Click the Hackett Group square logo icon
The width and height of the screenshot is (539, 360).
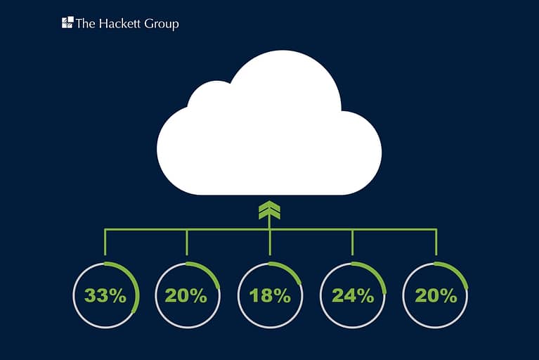tap(67, 22)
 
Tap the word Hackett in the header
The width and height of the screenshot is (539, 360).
tap(119, 23)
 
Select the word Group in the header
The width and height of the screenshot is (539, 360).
tap(162, 24)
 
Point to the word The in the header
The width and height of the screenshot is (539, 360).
tap(86, 23)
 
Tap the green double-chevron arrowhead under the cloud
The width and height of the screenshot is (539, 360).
tap(270, 210)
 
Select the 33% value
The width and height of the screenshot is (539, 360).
tap(105, 296)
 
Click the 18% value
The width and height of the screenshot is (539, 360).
tap(270, 296)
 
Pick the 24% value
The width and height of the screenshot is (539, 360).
tap(353, 296)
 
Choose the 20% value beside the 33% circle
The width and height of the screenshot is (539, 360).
tap(186, 296)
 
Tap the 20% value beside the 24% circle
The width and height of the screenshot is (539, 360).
tap(436, 296)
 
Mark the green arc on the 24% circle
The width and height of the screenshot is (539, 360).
tap(377, 274)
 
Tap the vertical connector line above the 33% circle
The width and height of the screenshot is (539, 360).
tap(105, 242)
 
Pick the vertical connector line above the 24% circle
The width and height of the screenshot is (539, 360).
tap(352, 243)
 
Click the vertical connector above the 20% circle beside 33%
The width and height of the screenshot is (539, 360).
tap(187, 243)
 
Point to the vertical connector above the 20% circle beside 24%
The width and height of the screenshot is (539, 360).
tap(436, 242)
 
